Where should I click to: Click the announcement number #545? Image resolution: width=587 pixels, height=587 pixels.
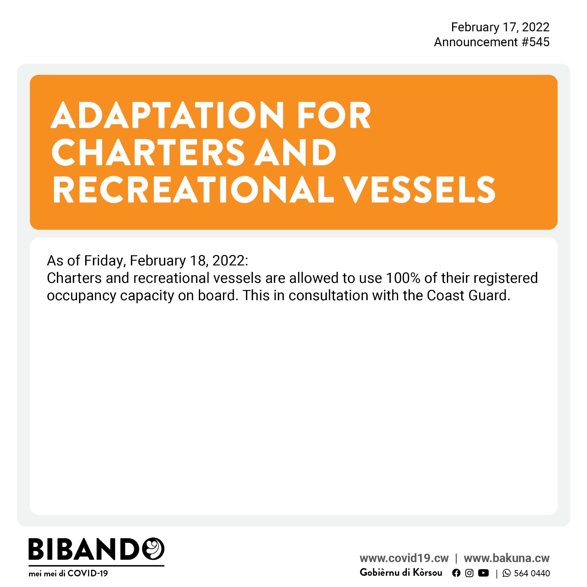pos(536,42)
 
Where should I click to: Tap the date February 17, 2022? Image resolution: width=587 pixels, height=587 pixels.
pos(500,27)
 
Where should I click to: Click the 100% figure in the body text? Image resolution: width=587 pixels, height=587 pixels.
pos(403,278)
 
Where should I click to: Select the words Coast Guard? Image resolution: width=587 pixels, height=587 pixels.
pos(468,295)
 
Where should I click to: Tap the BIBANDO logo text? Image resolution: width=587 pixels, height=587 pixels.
pos(96,549)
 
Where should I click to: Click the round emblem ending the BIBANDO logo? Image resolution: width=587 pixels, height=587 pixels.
pos(153,549)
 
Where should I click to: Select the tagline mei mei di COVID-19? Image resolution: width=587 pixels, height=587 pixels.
pos(68,573)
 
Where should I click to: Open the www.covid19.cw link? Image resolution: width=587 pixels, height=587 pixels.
pos(404,558)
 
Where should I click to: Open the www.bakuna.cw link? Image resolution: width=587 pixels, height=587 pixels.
pos(507,558)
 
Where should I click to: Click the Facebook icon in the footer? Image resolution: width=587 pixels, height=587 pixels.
pos(456,573)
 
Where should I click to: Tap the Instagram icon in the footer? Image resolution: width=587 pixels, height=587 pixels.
pos(469,573)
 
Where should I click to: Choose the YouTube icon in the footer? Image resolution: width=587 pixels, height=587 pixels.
pos(484,573)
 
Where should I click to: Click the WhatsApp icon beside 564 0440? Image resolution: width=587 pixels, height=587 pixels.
pos(507,573)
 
